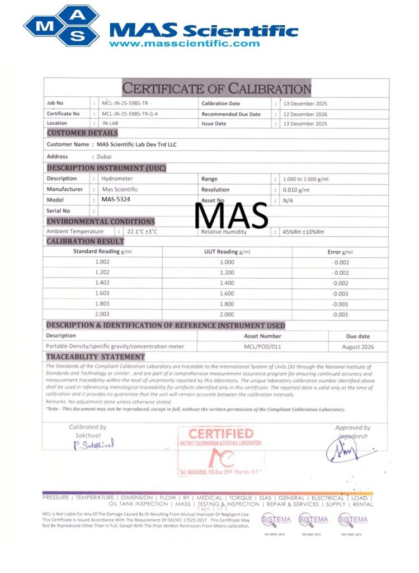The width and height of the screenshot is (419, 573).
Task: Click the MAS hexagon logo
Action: click(61, 25)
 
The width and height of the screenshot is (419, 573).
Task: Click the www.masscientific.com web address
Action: click(184, 44)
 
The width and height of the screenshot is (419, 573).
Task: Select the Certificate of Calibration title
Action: click(216, 88)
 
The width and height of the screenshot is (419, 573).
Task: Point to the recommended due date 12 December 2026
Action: click(305, 114)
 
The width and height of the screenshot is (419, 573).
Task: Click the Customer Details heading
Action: click(82, 133)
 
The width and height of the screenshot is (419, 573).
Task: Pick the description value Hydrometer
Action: click(118, 179)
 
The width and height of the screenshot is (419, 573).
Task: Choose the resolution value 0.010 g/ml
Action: click(296, 190)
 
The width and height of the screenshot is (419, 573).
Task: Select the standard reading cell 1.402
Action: click(102, 283)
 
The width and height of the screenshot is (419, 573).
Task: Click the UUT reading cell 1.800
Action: click(227, 304)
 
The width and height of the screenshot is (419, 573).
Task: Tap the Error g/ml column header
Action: click(340, 252)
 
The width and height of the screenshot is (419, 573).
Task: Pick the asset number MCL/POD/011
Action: click(263, 346)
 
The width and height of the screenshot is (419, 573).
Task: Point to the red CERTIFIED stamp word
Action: click(220, 433)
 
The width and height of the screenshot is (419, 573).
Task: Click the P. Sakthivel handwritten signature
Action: click(93, 445)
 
